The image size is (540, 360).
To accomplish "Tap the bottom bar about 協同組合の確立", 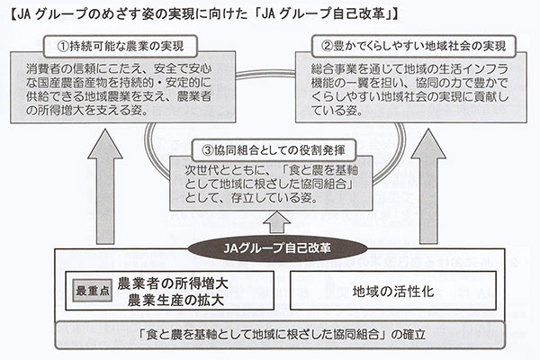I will (269, 334).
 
